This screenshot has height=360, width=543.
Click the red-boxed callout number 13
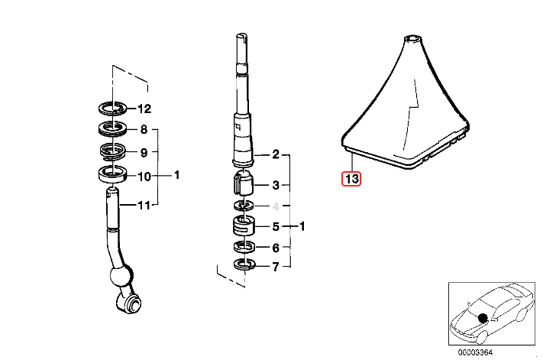(x=351, y=180)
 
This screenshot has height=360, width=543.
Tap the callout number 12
(x=145, y=109)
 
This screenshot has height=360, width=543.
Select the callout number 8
(x=143, y=130)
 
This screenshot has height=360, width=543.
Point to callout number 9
(x=143, y=152)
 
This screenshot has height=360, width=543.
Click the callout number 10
(x=145, y=176)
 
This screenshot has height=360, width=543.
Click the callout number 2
(x=276, y=154)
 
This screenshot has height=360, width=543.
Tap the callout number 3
(x=276, y=185)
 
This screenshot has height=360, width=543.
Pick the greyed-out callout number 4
(x=276, y=206)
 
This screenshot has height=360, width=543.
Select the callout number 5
(x=276, y=227)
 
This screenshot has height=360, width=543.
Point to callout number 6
(x=276, y=248)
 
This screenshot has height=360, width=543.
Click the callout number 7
(x=276, y=268)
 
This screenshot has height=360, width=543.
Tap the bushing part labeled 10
(x=114, y=174)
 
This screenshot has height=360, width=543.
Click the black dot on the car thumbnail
(x=483, y=317)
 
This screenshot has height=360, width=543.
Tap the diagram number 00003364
(x=474, y=352)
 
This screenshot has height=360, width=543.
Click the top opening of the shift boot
(x=412, y=36)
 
